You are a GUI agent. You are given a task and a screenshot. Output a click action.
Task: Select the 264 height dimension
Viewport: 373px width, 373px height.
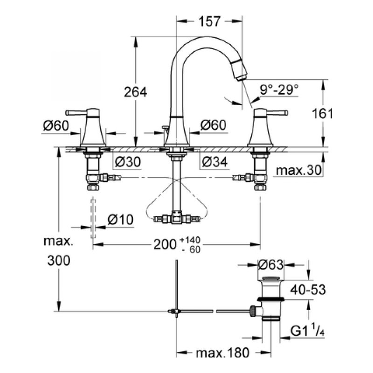pyautogui.click(x=136, y=92)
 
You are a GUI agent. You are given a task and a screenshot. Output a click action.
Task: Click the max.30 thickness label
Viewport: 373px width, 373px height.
pyautogui.click(x=299, y=171)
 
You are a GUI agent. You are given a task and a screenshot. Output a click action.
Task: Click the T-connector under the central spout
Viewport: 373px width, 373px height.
pyautogui.click(x=176, y=217)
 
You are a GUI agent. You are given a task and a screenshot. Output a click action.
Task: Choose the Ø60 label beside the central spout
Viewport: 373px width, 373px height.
pyautogui.click(x=213, y=125)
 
